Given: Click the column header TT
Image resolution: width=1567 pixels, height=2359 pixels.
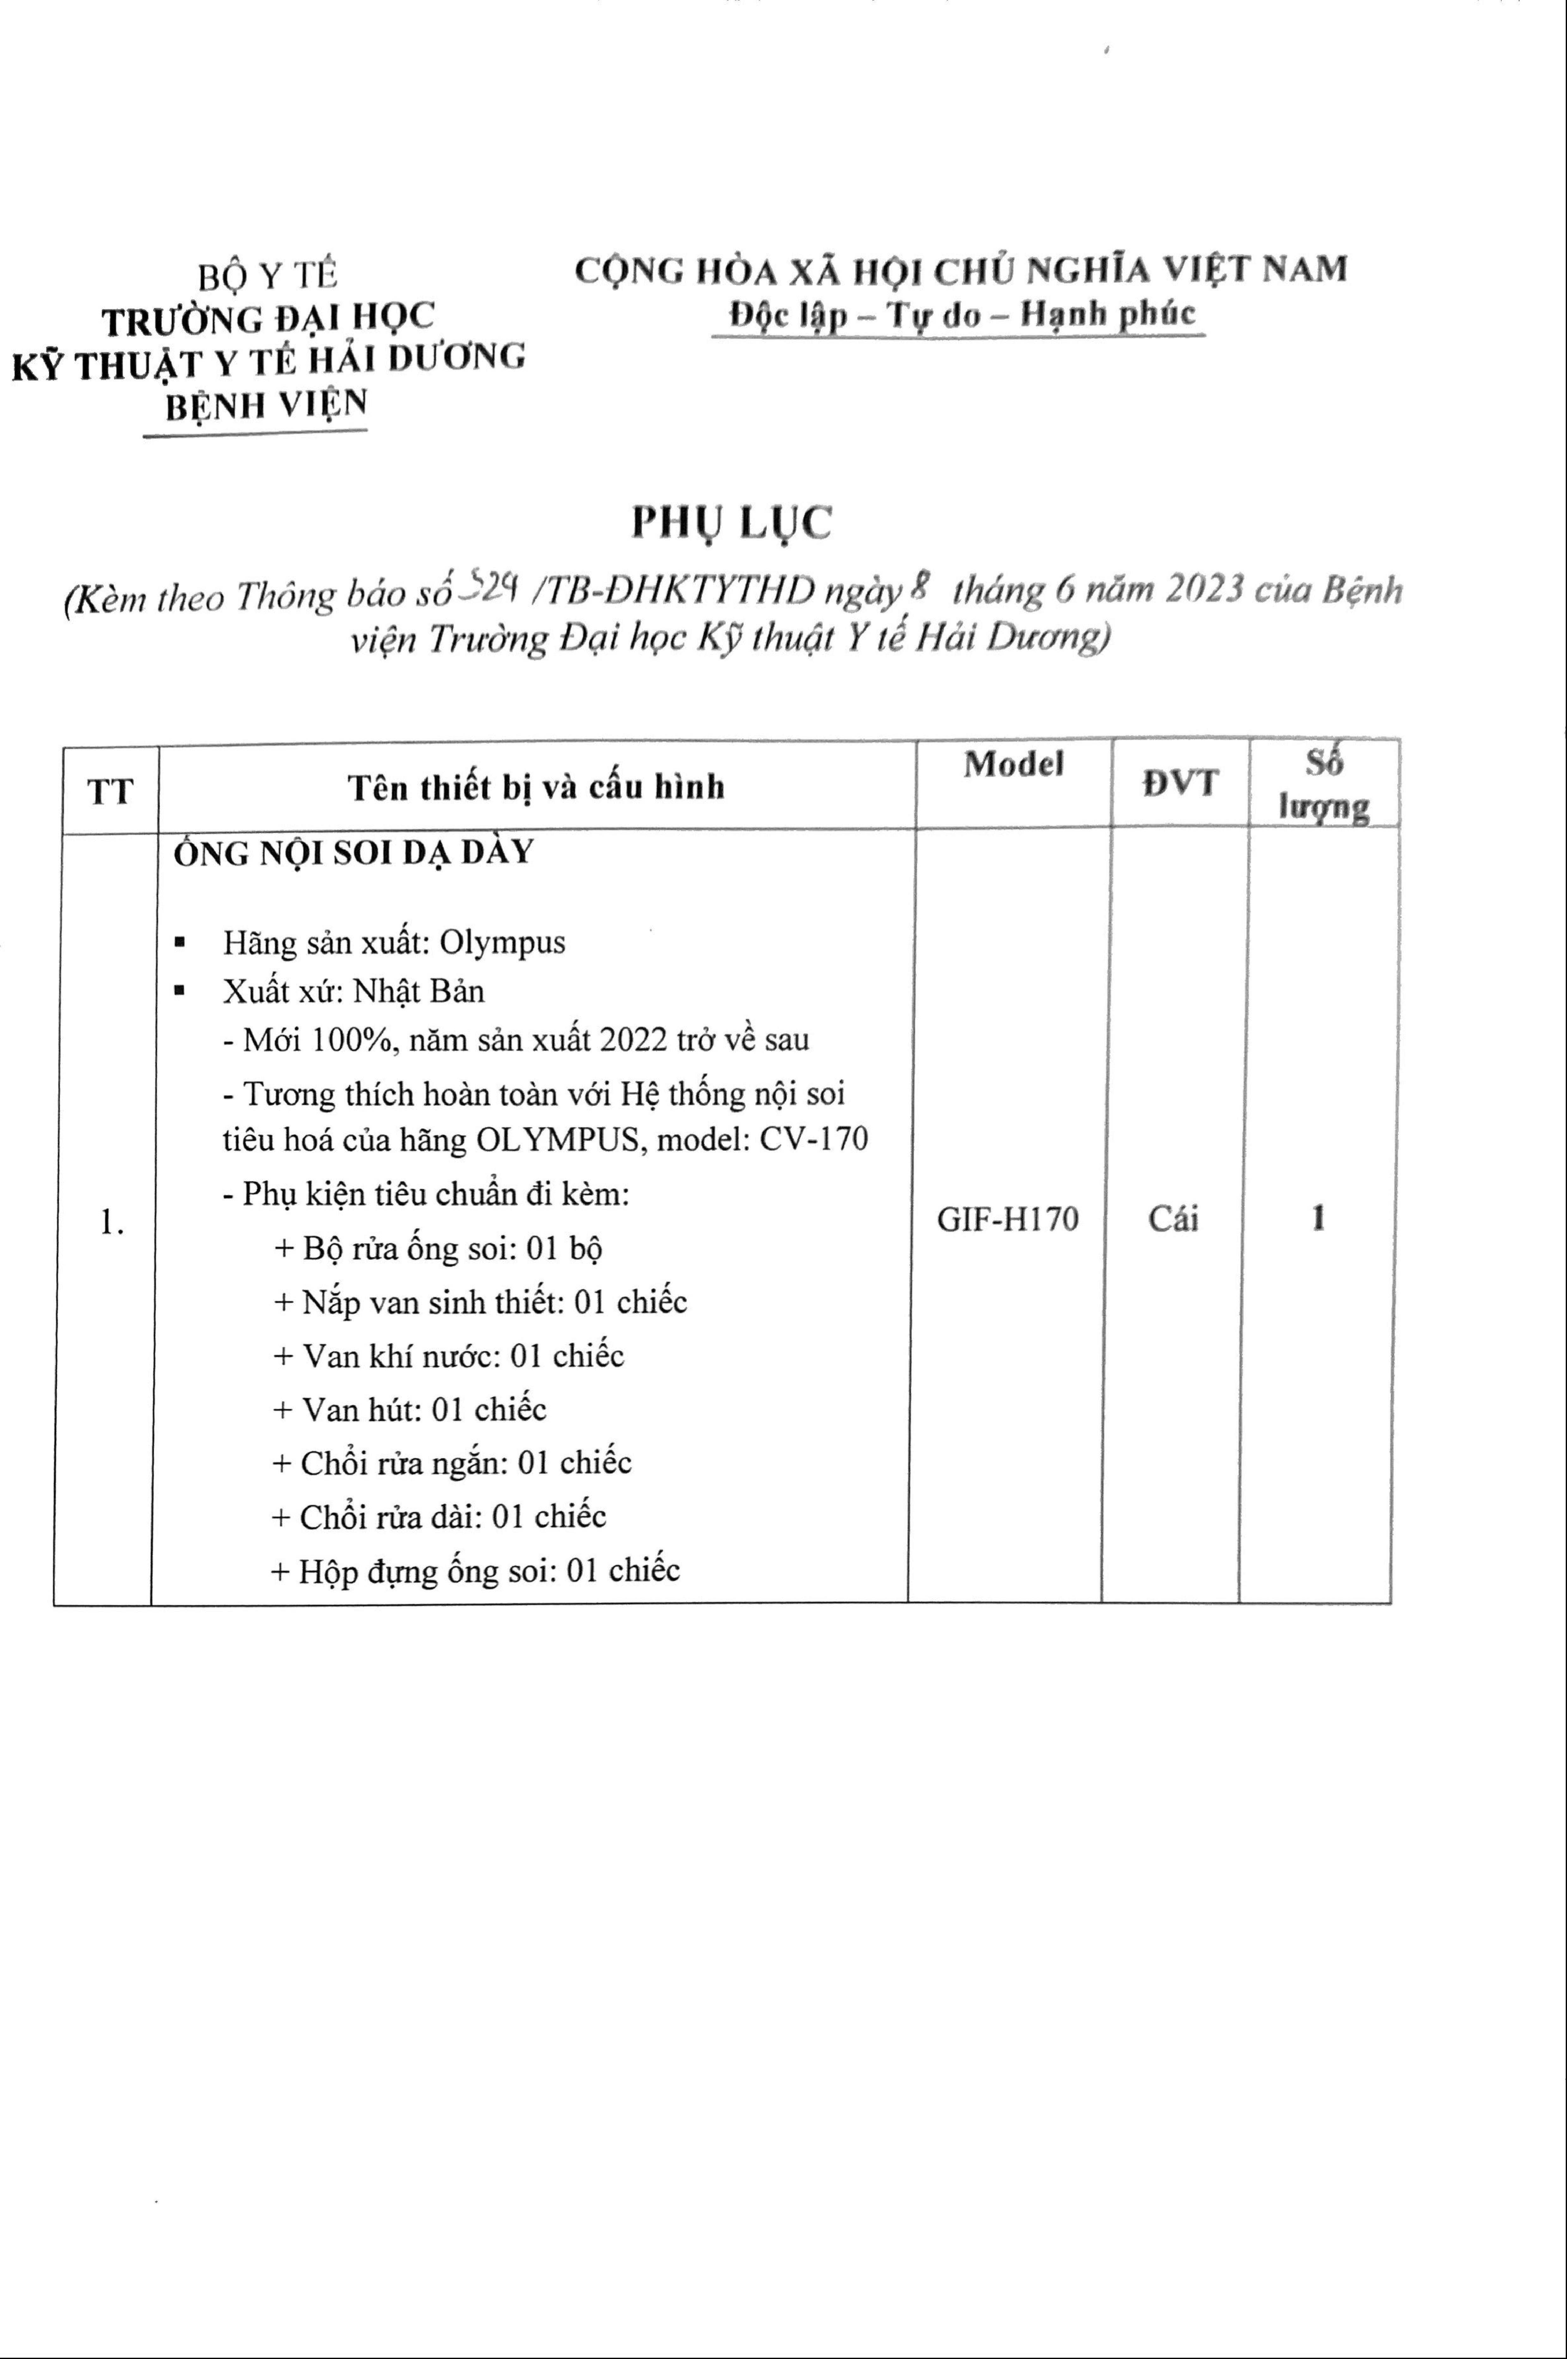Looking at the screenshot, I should (110, 791).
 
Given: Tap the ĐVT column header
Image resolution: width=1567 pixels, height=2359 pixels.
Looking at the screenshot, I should (1180, 783).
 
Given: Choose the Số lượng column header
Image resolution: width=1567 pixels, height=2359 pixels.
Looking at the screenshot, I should (1324, 785).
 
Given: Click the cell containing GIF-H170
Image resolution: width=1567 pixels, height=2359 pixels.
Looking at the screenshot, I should (1007, 1219).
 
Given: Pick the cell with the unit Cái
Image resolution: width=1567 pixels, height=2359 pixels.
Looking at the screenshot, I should (1172, 1219).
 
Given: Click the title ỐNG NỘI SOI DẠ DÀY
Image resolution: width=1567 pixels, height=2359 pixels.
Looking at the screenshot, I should (354, 852).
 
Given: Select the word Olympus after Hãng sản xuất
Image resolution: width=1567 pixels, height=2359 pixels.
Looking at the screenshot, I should (503, 942).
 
